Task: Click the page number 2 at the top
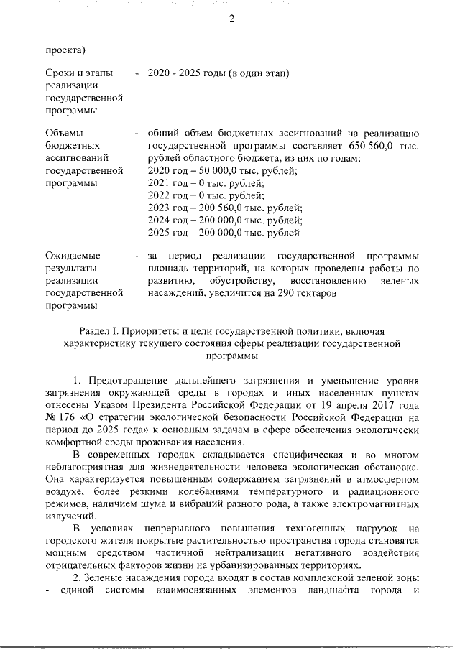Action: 231,19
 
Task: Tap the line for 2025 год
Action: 224,233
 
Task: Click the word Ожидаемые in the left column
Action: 73,256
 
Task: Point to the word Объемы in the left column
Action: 65,134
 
